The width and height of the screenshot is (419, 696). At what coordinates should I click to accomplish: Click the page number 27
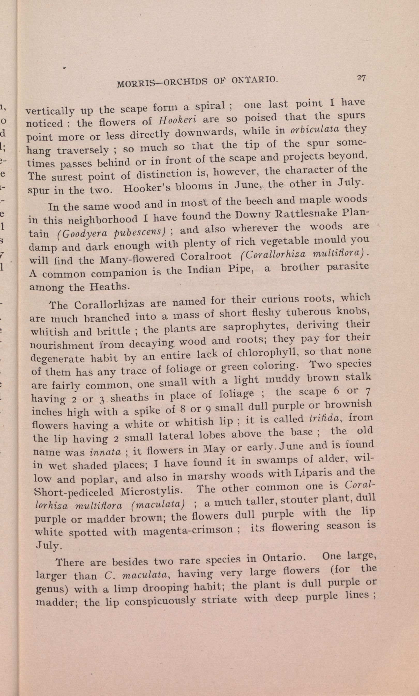click(x=361, y=78)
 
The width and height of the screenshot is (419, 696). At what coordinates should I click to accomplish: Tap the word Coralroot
click(x=206, y=257)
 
